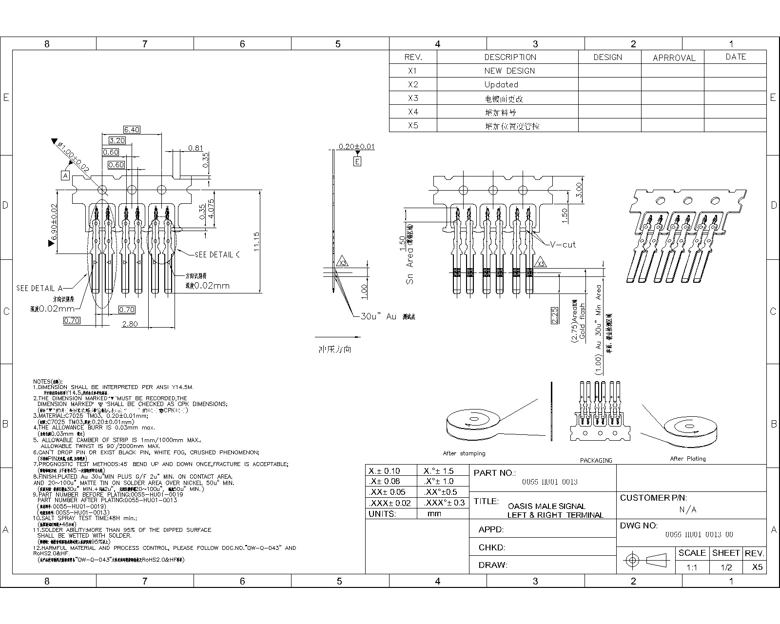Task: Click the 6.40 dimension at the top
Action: coord(132,130)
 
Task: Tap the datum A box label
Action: coord(65,175)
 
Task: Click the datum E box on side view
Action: coord(357,161)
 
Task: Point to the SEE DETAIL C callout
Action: coord(217,254)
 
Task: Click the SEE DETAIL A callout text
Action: coord(39,288)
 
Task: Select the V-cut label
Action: coord(563,245)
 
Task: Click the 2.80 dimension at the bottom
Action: coord(130,324)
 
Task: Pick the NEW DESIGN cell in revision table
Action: coord(509,71)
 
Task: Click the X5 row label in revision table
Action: coord(413,125)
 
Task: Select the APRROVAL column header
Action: coord(674,58)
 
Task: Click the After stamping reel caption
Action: coord(464,453)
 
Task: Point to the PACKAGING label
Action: coord(596,460)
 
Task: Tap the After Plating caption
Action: coord(687,459)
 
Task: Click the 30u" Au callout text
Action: coord(378,316)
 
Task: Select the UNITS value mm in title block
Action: coord(434,513)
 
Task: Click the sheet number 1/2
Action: coord(726,567)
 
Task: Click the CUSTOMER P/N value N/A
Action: coord(687,510)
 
